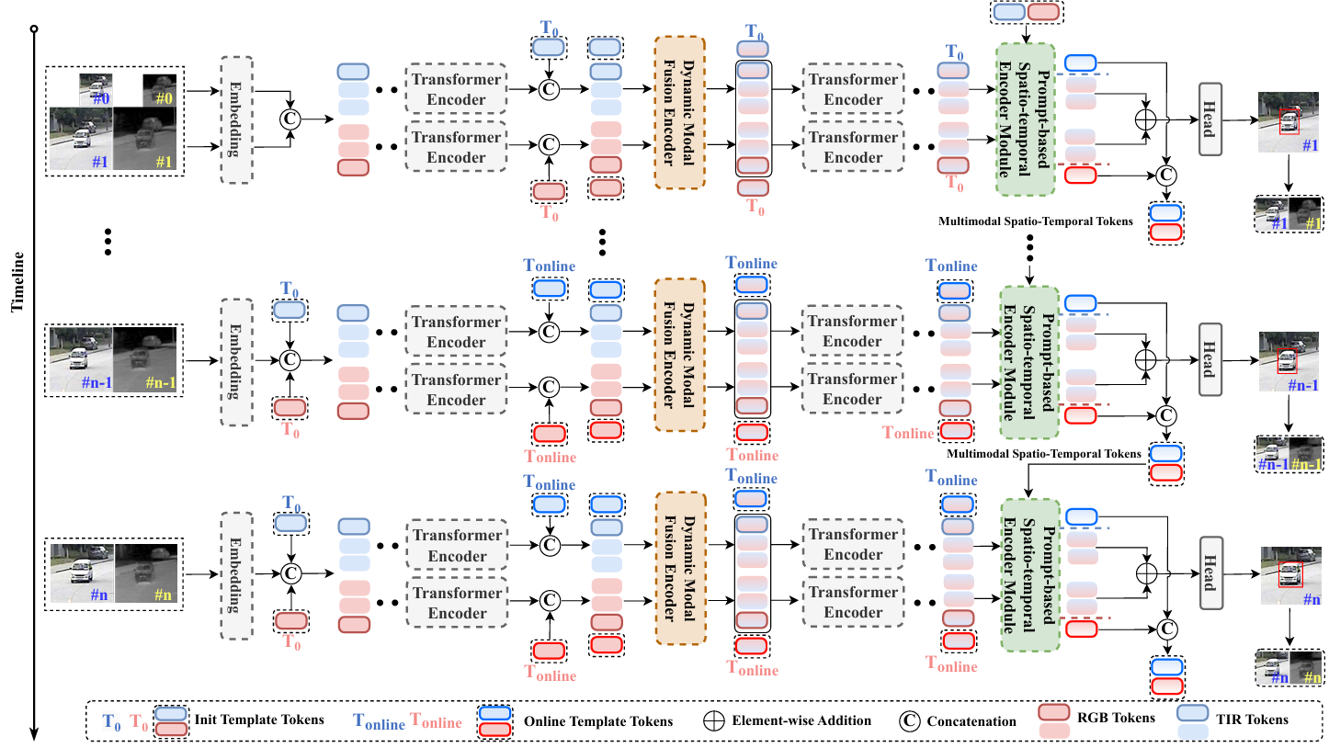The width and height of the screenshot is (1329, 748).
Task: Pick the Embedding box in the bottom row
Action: [236, 574]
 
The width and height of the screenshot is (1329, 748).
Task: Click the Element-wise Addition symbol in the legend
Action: [717, 720]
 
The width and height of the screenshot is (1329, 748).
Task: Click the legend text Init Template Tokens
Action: [259, 720]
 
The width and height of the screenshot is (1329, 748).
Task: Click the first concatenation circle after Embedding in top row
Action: [290, 118]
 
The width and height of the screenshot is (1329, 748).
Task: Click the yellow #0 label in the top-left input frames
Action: [165, 96]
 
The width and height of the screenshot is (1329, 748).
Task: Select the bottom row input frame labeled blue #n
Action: [81, 575]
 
